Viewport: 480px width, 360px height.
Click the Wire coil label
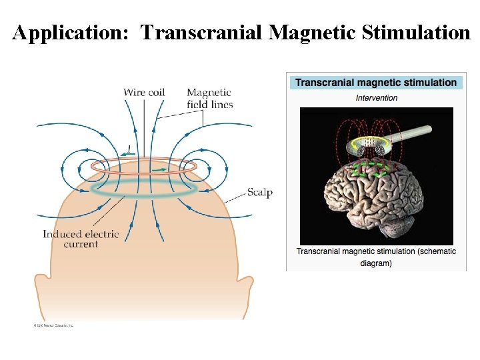click(144, 92)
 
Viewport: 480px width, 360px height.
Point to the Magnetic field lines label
click(209, 99)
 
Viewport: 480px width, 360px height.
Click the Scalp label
click(260, 193)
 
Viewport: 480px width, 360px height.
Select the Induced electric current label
click(81, 239)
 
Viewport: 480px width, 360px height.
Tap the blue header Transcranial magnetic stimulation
click(376, 83)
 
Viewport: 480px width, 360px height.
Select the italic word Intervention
click(376, 98)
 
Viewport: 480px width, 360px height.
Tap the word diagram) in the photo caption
click(376, 263)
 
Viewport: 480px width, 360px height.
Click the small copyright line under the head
click(53, 325)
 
